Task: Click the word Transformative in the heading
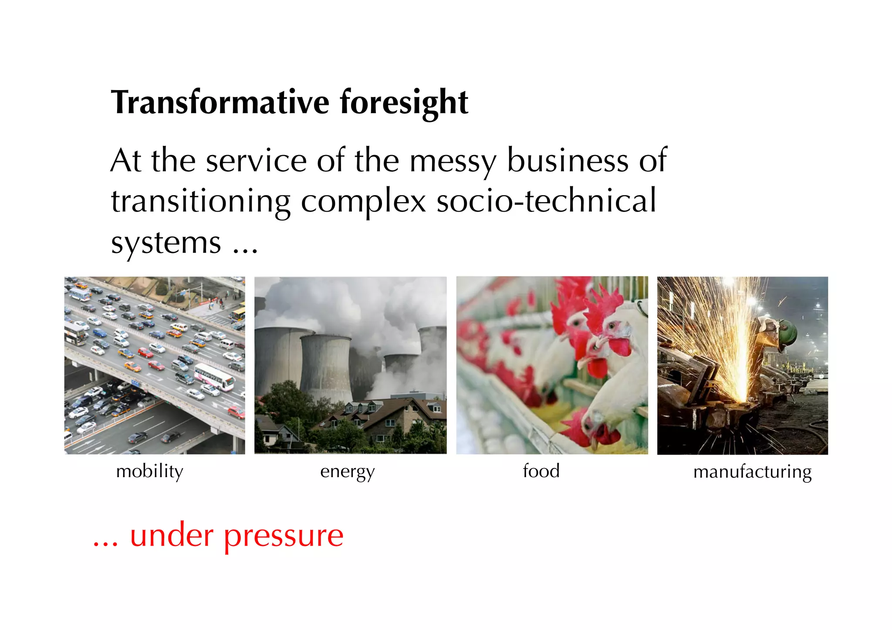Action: click(x=220, y=102)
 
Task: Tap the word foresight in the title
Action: click(x=404, y=102)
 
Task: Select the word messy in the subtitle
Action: click(x=453, y=162)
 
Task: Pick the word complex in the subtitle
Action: click(x=363, y=202)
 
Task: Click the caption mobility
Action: click(x=150, y=472)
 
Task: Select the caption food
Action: click(x=541, y=471)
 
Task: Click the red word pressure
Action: click(x=284, y=536)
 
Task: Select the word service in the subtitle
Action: click(x=256, y=161)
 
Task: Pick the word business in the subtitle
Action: click(x=568, y=161)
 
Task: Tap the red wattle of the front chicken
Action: click(x=619, y=347)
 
